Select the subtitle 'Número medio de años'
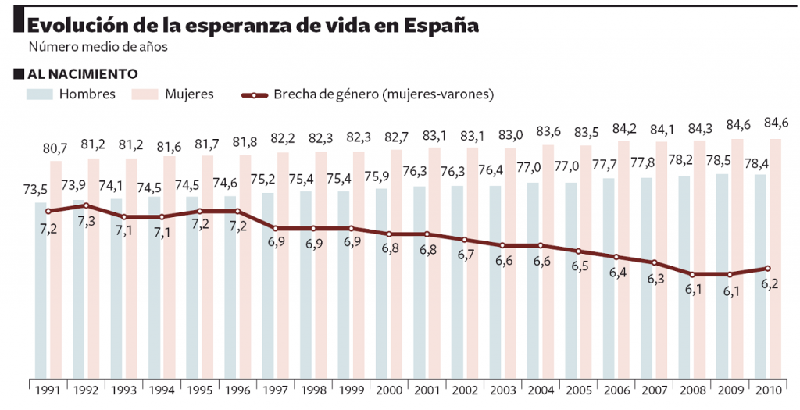(x=98, y=47)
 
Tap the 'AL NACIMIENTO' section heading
(x=82, y=73)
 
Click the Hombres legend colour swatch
(x=40, y=94)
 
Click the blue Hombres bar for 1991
(x=41, y=289)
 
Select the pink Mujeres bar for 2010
(x=775, y=258)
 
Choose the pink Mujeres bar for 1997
(x=283, y=266)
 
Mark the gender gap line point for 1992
(x=86, y=205)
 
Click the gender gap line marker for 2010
(x=767, y=269)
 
